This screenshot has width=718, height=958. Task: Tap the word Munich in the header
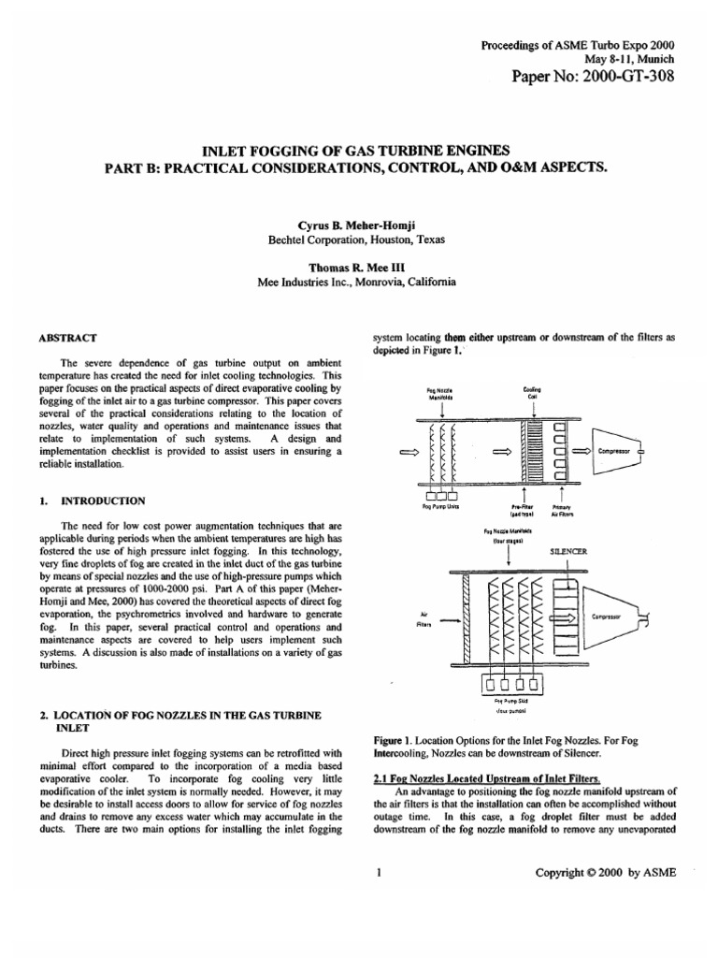pos(653,58)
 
